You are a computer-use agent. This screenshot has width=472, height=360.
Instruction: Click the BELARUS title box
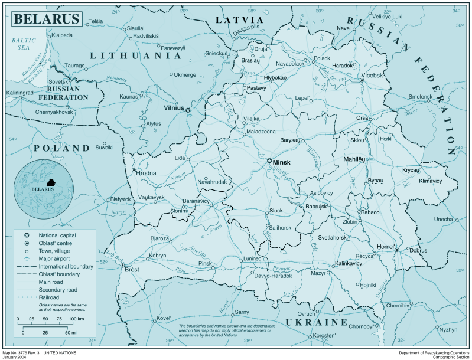click(46, 18)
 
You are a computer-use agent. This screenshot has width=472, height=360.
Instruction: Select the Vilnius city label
click(174, 109)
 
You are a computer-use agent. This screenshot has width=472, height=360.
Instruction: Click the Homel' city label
click(386, 247)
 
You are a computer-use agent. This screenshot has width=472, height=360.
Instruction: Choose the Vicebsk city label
click(372, 76)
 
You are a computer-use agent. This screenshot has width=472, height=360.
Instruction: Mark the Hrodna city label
click(147, 172)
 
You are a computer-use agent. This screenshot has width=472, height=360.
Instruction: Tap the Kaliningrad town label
click(20, 93)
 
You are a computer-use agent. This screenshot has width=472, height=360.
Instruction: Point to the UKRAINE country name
click(316, 322)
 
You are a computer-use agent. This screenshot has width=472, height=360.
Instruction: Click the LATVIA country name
click(239, 20)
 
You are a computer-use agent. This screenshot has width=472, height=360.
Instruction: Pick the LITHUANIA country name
click(135, 55)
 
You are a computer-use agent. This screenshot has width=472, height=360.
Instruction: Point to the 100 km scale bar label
click(76, 319)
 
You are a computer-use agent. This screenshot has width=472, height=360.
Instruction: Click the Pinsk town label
click(205, 263)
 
